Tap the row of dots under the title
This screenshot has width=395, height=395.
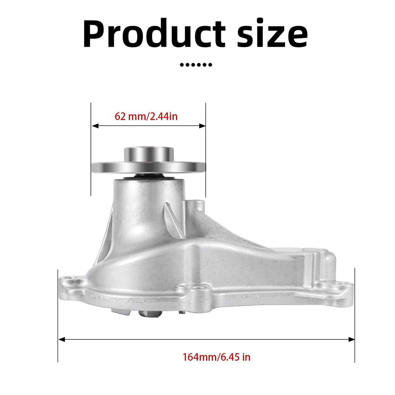tap(196, 65)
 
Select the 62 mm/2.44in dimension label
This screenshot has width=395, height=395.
tap(146, 117)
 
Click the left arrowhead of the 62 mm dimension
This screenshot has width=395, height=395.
tap(95, 126)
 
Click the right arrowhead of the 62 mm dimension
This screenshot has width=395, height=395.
tap(202, 126)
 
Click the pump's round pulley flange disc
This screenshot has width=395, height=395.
tap(148, 167)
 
